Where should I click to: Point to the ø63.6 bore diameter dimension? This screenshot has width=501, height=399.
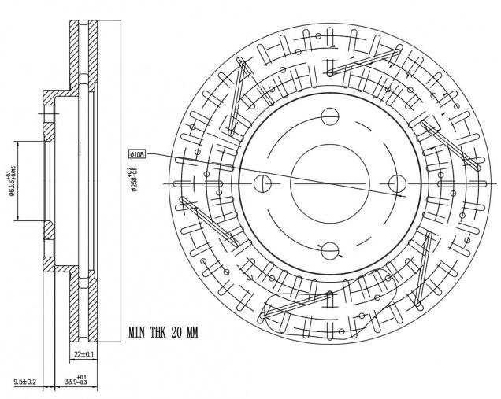tap(11, 183)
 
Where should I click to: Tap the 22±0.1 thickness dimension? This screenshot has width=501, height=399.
tap(83, 356)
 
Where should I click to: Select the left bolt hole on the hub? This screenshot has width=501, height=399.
tap(263, 184)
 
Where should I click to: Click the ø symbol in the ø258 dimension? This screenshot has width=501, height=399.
tap(135, 191)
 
